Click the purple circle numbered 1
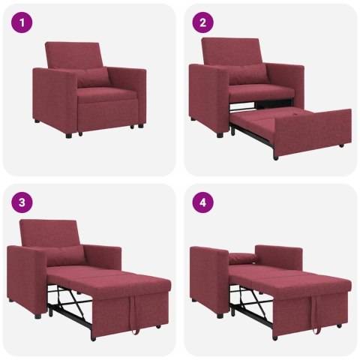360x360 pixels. tap(22, 22)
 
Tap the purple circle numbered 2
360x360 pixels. tap(202, 22)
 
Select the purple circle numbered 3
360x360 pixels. tap(22, 202)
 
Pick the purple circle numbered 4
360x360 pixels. tap(202, 202)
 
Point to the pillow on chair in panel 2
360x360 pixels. tap(247, 73)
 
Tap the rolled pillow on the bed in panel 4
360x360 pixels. tap(241, 260)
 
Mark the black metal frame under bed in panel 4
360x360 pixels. tap(249, 304)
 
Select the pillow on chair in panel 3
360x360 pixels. tap(64, 255)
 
